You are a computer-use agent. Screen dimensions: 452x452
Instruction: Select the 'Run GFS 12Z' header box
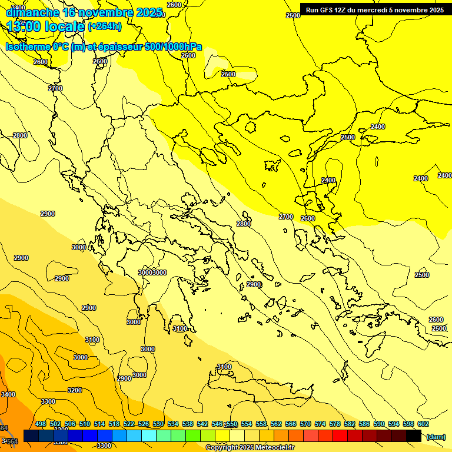click(x=375, y=10)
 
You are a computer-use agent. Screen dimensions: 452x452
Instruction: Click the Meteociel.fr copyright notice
click(x=249, y=448)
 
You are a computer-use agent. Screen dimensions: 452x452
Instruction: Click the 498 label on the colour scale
click(x=41, y=424)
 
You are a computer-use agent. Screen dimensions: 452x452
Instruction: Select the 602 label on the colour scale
click(x=423, y=424)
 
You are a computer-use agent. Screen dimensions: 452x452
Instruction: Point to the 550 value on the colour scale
click(x=232, y=424)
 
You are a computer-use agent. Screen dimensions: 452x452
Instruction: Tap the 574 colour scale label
click(x=320, y=424)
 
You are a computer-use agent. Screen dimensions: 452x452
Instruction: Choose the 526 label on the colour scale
click(x=144, y=424)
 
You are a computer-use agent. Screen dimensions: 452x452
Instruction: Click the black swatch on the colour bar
click(x=414, y=436)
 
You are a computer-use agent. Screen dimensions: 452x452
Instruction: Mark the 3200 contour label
click(x=75, y=390)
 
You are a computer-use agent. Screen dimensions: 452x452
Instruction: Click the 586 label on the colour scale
click(x=364, y=424)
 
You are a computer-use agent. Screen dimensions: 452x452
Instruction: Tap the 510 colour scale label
click(x=85, y=424)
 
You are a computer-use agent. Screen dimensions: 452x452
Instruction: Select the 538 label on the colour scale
click(x=188, y=424)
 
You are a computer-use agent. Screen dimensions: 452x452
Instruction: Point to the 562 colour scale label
click(x=276, y=424)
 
